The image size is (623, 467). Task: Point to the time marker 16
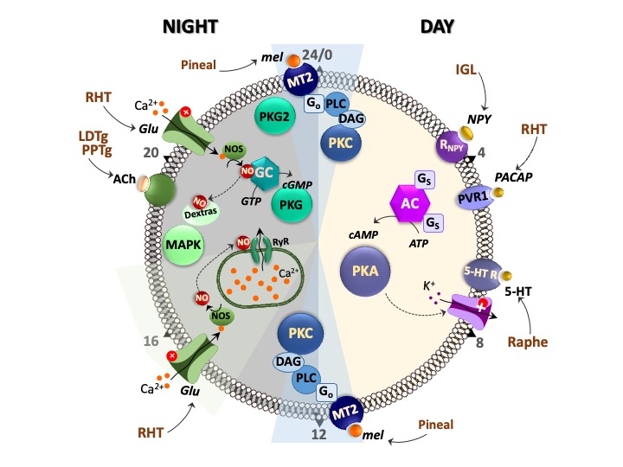coord(151,342)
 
